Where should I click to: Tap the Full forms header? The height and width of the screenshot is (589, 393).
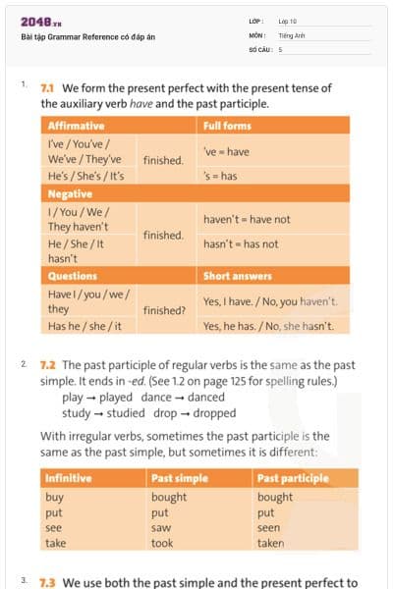click(227, 126)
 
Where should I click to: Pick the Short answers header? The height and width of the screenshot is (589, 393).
click(238, 276)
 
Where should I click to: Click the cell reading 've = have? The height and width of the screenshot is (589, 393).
click(226, 151)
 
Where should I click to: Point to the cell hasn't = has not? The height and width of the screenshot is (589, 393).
click(241, 244)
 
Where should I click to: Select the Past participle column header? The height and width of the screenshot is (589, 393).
click(293, 478)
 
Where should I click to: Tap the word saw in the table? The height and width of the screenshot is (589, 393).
click(160, 527)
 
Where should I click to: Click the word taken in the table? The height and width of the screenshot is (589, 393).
click(271, 543)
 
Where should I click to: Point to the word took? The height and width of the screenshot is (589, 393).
click(162, 543)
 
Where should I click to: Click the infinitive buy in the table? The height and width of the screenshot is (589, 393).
click(55, 497)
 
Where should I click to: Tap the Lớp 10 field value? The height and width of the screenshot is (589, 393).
click(288, 21)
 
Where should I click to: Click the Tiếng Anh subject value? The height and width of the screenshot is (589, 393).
click(292, 34)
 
